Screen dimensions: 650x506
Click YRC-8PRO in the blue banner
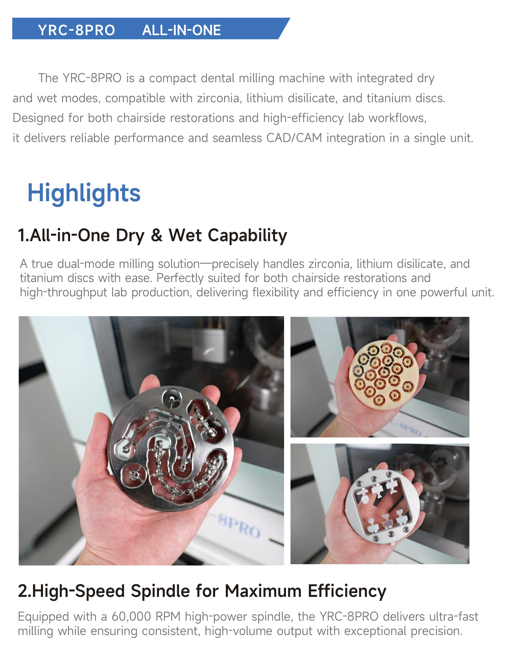tap(76, 30)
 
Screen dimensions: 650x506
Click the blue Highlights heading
tap(84, 193)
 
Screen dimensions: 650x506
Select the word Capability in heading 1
tap(247, 235)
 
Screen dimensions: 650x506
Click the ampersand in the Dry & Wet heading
tap(157, 235)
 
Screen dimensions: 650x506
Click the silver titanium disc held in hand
tap(170, 447)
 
